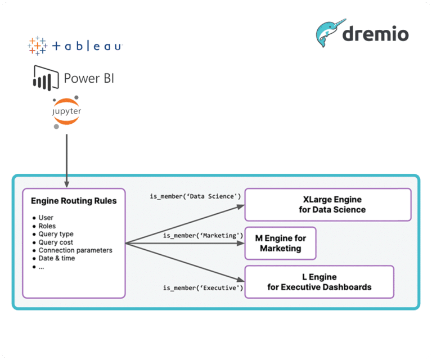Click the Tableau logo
pos(75,46)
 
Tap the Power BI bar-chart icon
pos(46,78)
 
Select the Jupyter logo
pos(66,112)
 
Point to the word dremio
pos(375,34)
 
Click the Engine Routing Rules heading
pos(74,201)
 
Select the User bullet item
pos(46,218)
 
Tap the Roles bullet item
pos(47,226)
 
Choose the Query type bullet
pos(56,234)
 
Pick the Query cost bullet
pos(56,242)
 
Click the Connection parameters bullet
pos(75,250)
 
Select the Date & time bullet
pos(56,258)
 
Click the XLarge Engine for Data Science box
pos(328,205)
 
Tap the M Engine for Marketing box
pos(280,243)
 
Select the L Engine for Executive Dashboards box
pos(319,282)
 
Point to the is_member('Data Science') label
pos(195,196)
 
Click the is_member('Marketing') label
pos(203,236)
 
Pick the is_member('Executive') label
pos(203,288)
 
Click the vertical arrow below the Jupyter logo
pos(67,161)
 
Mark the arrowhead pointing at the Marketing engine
pos(241,243)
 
